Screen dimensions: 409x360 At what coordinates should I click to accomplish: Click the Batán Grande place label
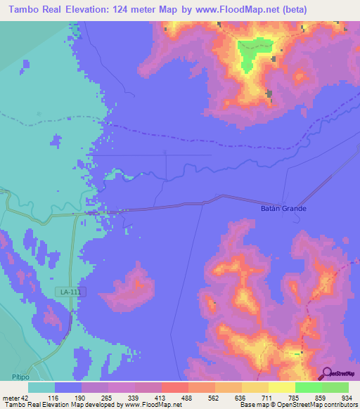coord(280,209)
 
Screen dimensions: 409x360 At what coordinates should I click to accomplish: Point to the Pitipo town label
coord(20,377)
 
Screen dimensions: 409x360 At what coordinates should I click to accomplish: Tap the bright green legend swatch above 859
coord(309,387)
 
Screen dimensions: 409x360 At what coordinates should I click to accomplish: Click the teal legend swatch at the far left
coord(41,387)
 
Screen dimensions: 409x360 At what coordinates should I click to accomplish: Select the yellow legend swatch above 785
coord(282,387)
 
